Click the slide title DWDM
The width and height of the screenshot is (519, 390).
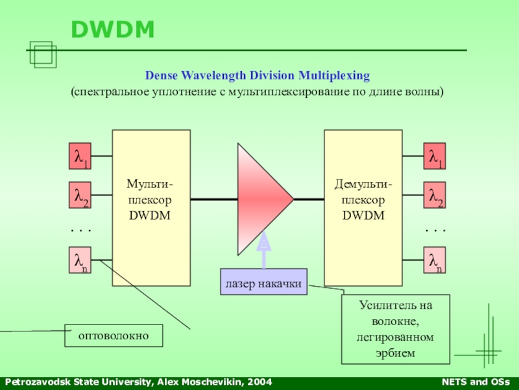click(113, 29)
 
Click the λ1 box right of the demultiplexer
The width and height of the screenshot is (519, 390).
click(435, 157)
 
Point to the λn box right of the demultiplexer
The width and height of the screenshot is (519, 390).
click(435, 260)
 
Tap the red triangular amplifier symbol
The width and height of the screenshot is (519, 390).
click(259, 199)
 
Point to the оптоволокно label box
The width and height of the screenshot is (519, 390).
click(114, 336)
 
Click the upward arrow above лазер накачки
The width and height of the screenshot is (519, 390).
click(263, 250)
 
